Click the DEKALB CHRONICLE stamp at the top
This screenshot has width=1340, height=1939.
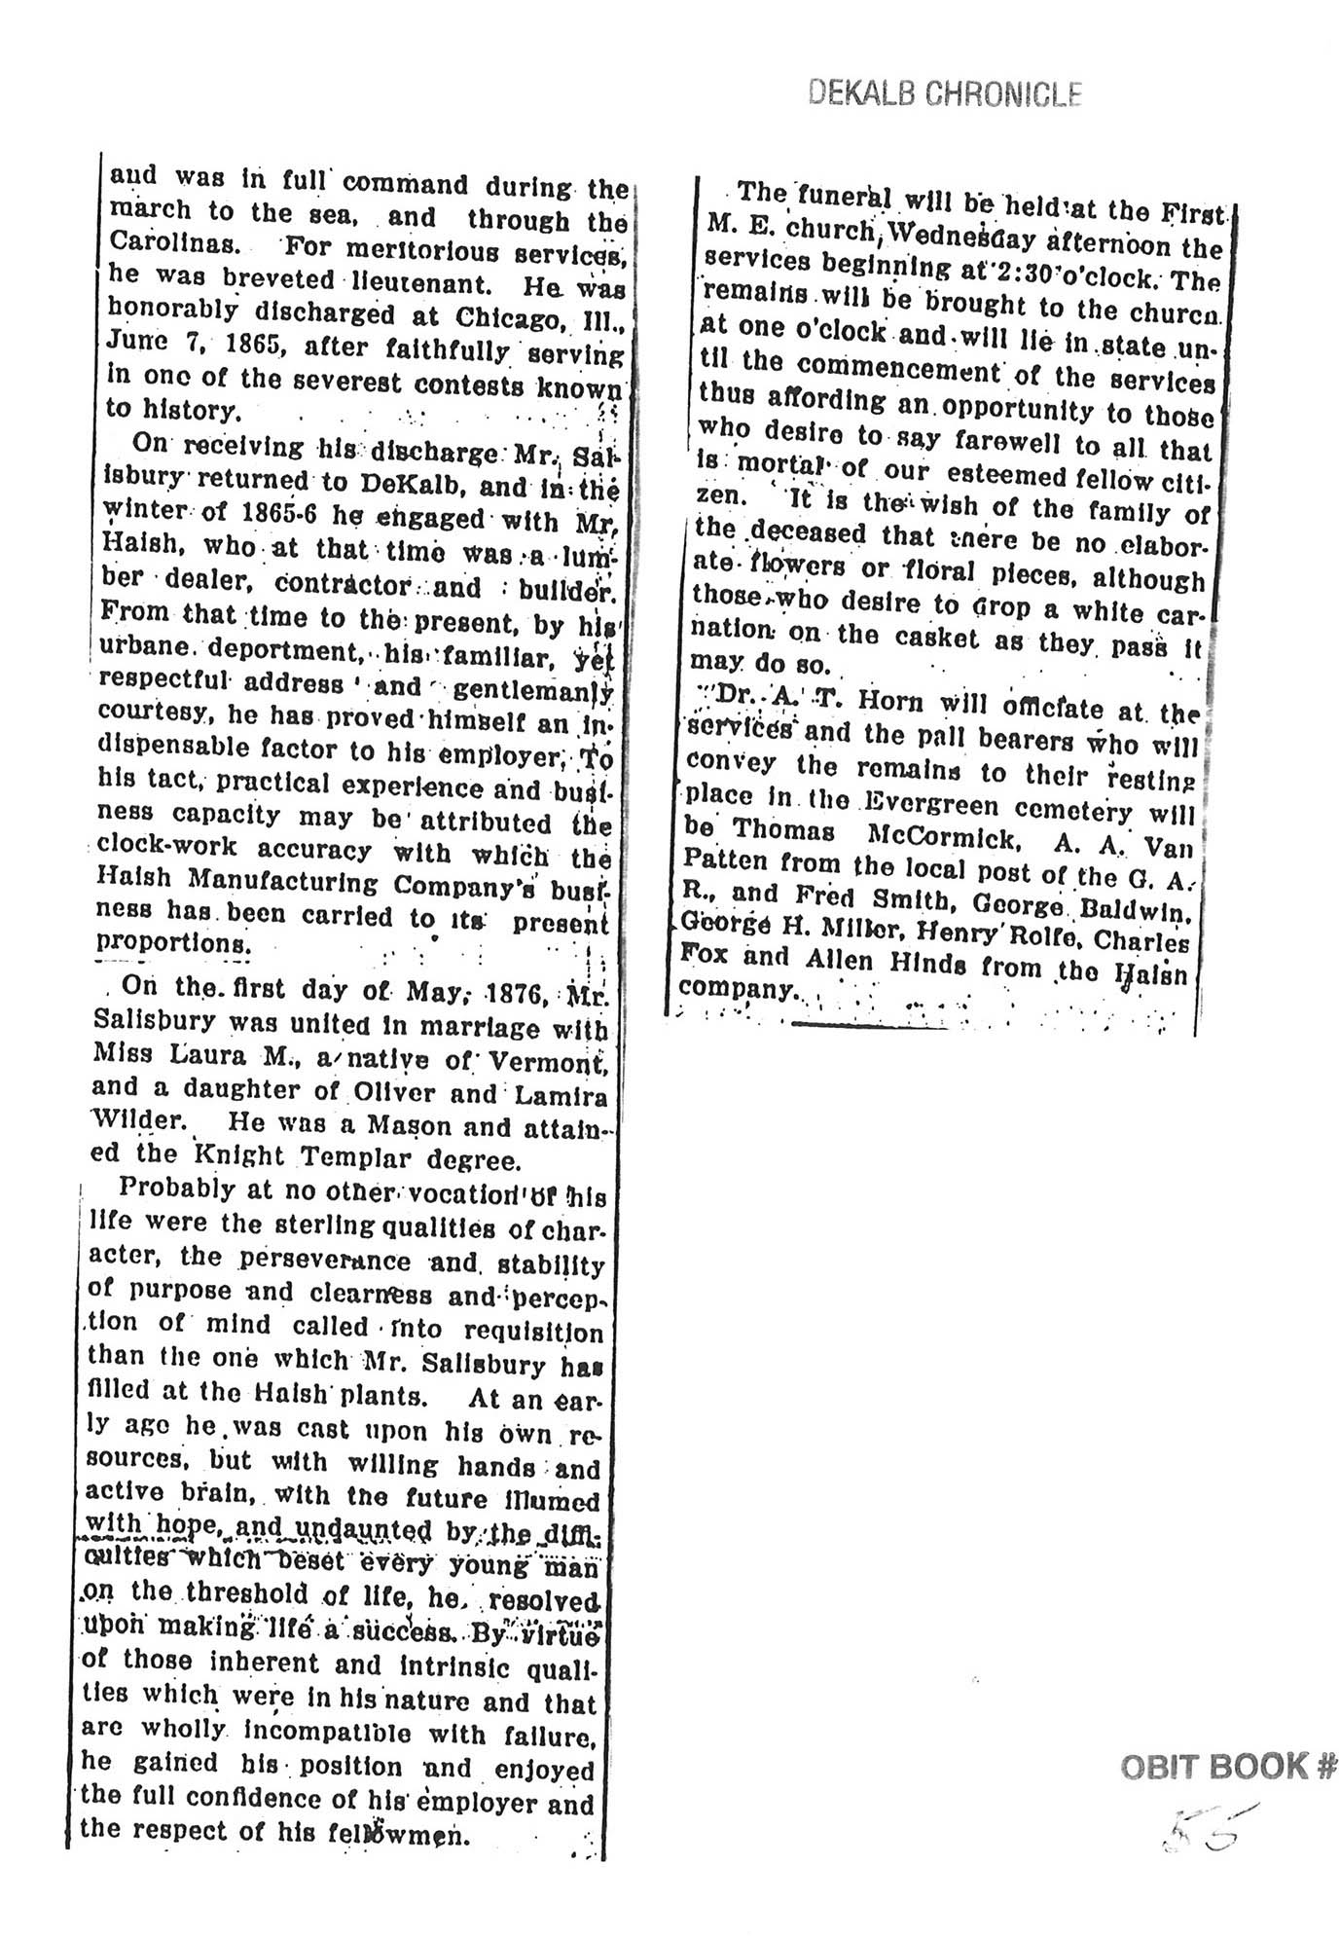click(945, 93)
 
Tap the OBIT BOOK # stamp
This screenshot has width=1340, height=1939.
click(1228, 1766)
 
